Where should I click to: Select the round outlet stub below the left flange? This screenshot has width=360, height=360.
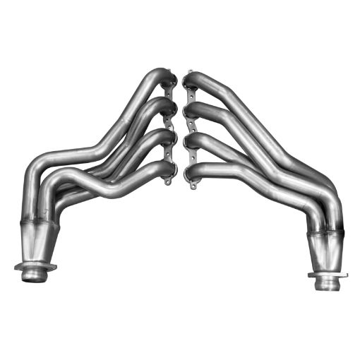tap(32, 275)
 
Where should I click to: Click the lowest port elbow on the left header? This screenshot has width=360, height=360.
tap(163, 167)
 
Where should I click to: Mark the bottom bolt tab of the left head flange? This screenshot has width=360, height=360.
tap(169, 181)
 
